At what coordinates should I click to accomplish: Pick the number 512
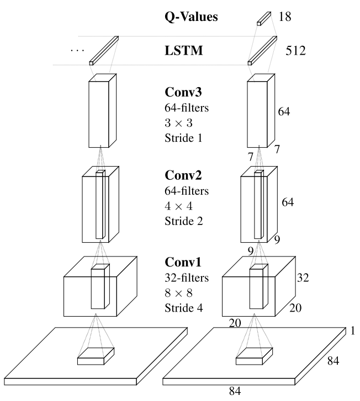[x=297, y=52]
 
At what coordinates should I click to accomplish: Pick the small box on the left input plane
[x=96, y=357]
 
